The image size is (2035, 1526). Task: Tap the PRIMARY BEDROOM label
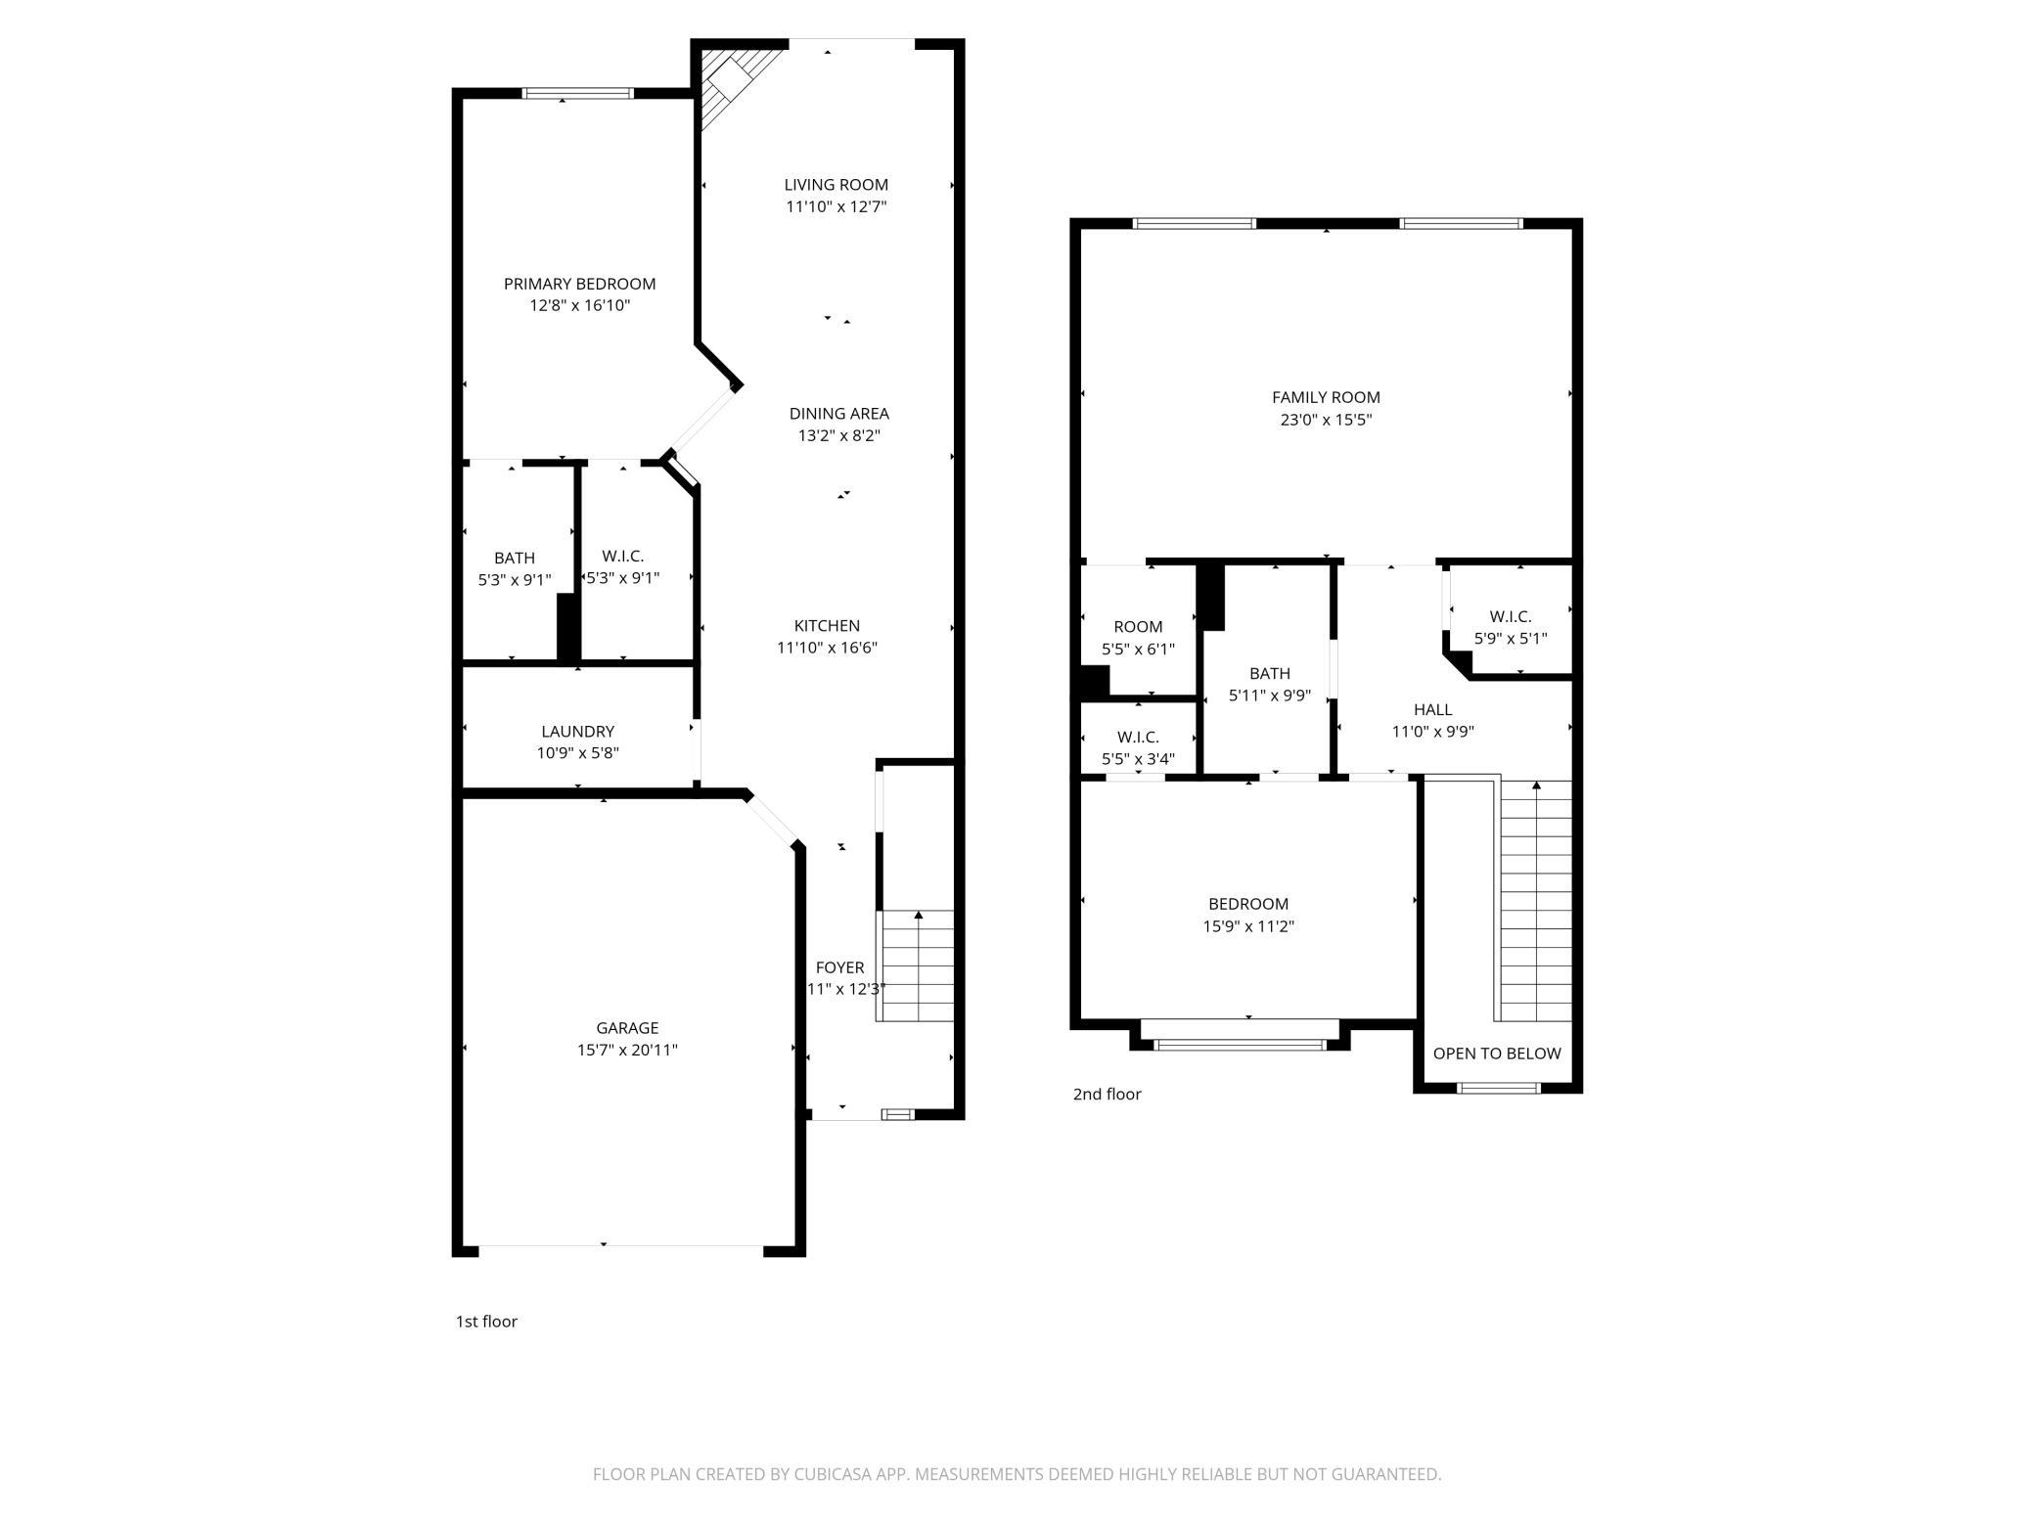(x=579, y=284)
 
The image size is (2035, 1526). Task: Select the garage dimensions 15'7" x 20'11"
(x=627, y=1050)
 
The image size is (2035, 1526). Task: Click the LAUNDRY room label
(x=577, y=731)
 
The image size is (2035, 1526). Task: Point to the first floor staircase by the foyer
(x=917, y=965)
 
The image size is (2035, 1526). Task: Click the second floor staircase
(x=1535, y=900)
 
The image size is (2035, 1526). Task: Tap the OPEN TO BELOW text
(x=1497, y=1054)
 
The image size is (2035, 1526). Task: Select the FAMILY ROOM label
(x=1326, y=397)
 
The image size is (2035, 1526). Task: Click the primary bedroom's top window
(x=577, y=94)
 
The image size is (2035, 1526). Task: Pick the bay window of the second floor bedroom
(x=1240, y=1044)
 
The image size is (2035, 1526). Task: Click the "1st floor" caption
(x=486, y=1322)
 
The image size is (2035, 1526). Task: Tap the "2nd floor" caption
(x=1107, y=1094)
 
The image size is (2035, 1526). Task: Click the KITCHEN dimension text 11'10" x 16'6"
(x=827, y=648)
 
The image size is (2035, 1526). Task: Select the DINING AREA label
(x=838, y=414)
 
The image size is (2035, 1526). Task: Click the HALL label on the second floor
(x=1432, y=709)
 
